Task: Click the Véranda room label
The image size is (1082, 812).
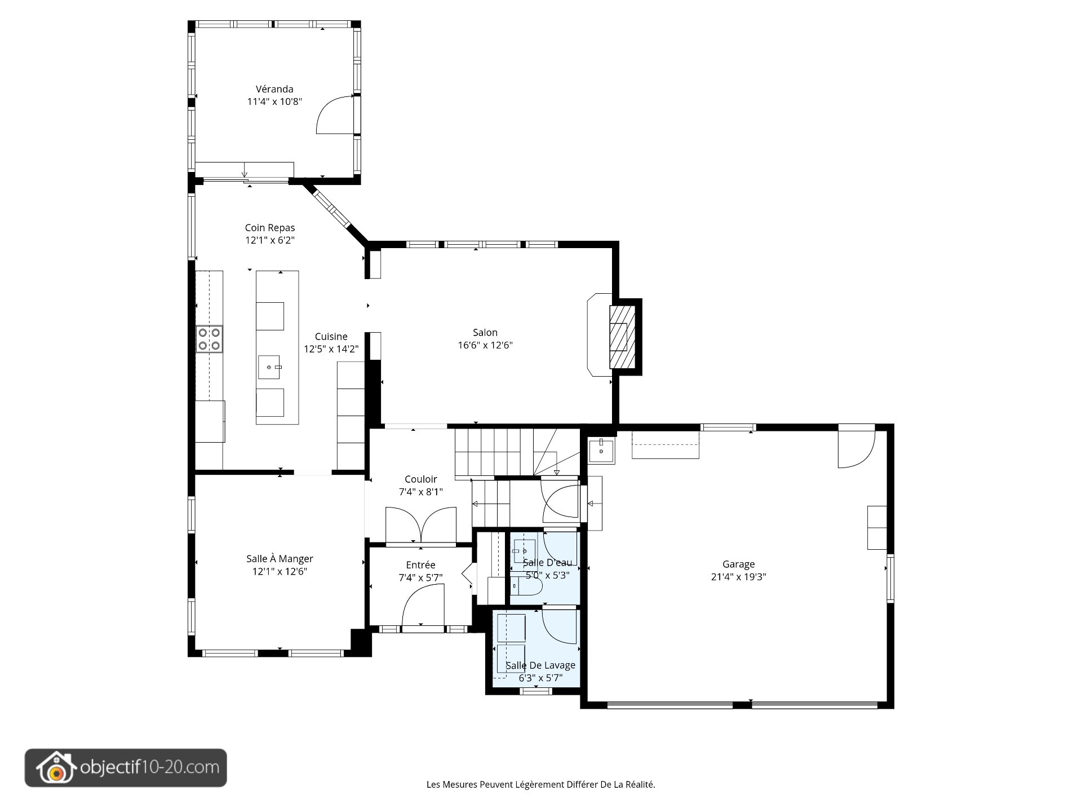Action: pos(274,89)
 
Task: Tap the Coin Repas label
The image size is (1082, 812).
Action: pos(270,228)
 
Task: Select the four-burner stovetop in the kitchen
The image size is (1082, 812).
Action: pos(209,339)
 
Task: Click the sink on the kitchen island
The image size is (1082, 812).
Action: pos(270,367)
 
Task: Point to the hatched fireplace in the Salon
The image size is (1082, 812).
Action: pos(622,337)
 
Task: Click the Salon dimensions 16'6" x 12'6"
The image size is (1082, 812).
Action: pos(485,345)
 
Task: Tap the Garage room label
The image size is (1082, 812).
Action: pos(739,564)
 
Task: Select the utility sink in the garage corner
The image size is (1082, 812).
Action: pos(601,451)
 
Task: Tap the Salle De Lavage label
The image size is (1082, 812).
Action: pos(540,665)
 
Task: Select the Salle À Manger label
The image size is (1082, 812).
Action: pos(280,559)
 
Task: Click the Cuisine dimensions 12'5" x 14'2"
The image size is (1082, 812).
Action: pos(331,349)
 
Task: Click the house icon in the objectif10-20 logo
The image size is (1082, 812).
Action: pos(55,767)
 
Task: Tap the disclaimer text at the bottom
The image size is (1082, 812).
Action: pos(541,784)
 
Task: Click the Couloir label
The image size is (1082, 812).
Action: pos(421,479)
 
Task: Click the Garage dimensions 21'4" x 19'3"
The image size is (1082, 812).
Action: pos(739,577)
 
